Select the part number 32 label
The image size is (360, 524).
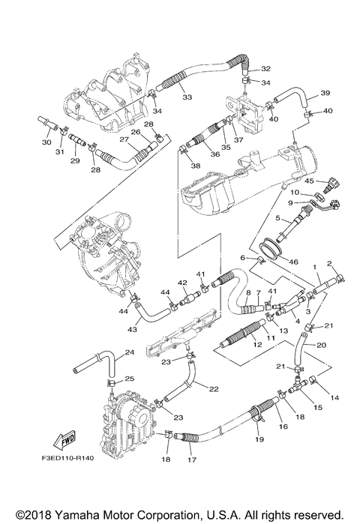(x=265, y=69)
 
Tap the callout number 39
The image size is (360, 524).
(x=325, y=93)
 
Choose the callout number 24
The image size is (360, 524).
(x=129, y=352)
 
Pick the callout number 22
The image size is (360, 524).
(x=214, y=388)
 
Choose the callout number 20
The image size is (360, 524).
(x=321, y=346)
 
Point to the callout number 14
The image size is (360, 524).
(x=334, y=397)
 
